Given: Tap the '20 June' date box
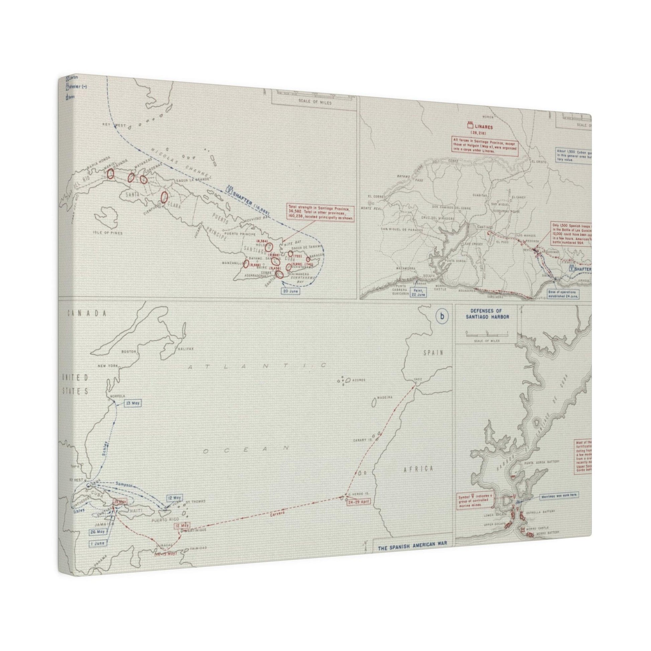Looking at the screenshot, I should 290,291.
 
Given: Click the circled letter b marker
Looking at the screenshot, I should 442,316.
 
